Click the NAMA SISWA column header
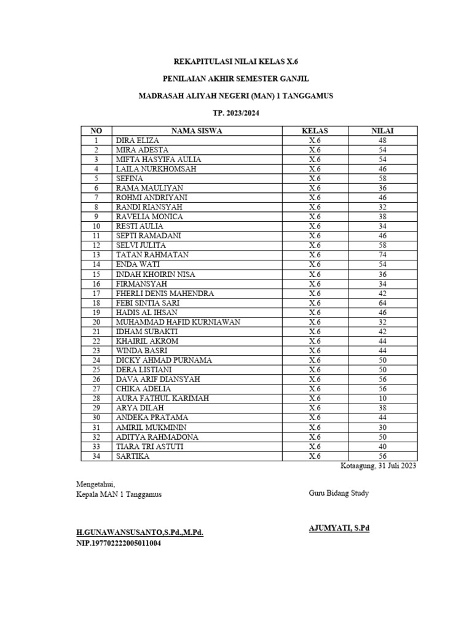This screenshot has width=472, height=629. click(197, 131)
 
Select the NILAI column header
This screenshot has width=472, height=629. click(382, 131)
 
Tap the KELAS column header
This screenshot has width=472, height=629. click(315, 131)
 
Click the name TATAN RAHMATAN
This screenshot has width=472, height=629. click(152, 255)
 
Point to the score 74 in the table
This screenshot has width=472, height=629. click(382, 255)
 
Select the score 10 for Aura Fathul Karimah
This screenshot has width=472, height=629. click(382, 399)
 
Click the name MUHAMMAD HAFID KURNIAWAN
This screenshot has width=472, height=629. click(178, 322)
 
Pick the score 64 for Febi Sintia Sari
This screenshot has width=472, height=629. click(382, 303)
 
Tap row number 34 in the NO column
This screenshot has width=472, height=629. click(96, 456)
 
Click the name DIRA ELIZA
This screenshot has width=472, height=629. click(138, 141)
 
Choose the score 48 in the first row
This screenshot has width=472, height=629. click(382, 141)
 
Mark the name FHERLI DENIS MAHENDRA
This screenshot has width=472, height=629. click(165, 294)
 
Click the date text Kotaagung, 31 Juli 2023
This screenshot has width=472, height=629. click(379, 466)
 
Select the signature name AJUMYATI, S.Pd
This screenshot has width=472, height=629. click(339, 528)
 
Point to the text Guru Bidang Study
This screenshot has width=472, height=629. click(339, 493)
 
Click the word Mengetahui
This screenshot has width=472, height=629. click(95, 485)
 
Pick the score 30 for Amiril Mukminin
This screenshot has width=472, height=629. click(382, 428)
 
